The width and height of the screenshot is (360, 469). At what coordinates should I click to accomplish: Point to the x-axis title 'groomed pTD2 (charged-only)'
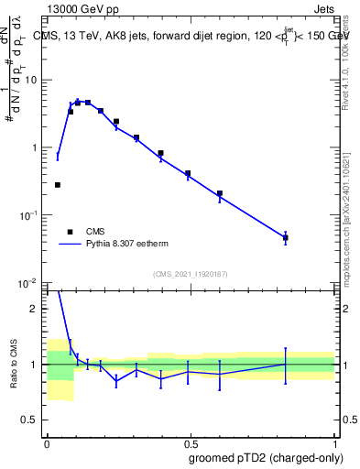click(267, 457)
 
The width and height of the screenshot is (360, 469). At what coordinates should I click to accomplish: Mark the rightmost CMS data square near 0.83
click(286, 237)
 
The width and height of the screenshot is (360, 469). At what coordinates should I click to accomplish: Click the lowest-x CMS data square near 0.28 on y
click(58, 185)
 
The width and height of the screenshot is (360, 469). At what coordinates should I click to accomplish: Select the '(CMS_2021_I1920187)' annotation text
click(190, 274)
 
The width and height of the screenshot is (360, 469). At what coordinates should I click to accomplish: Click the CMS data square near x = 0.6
click(220, 193)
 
